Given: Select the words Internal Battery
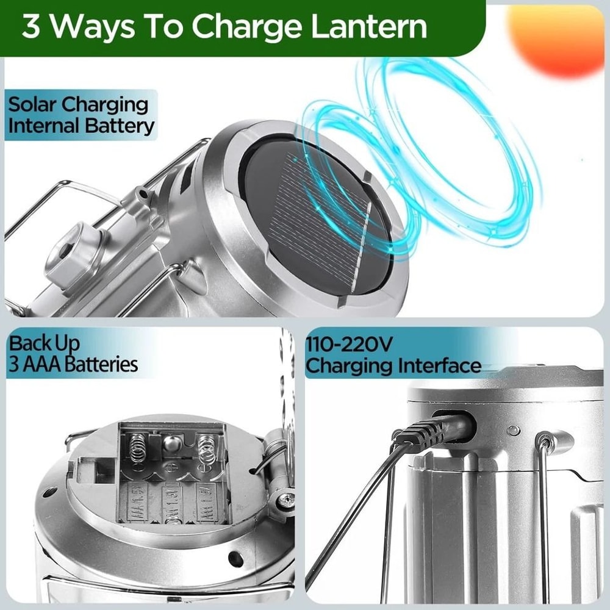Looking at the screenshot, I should pyautogui.click(x=81, y=126).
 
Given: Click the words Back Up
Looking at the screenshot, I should pyautogui.click(x=44, y=343).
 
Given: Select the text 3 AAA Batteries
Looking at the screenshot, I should pyautogui.click(x=73, y=365).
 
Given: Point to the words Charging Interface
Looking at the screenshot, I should pyautogui.click(x=393, y=366).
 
